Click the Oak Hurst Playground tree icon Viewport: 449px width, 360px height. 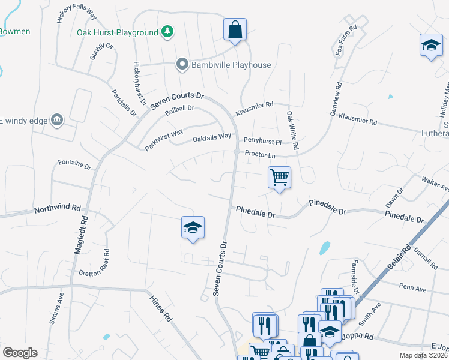point(167,31)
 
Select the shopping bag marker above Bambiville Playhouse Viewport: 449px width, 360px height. point(235,29)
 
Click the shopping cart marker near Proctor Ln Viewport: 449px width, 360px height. point(279,178)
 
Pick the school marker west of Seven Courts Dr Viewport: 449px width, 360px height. point(193,227)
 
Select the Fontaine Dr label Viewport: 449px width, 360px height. point(74,164)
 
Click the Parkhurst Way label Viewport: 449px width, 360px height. point(163,139)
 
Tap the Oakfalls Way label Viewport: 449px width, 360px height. point(212,138)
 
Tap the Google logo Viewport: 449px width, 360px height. point(19,353)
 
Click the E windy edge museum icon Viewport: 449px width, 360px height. point(57,120)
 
